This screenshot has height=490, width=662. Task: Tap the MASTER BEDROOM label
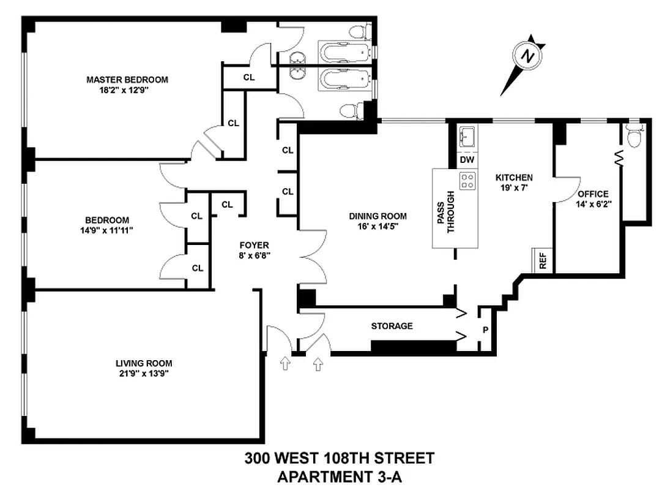point(127,80)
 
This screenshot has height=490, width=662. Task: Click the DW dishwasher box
point(467,160)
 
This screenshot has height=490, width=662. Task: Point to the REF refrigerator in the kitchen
point(543,261)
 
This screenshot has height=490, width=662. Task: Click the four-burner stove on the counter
point(468,180)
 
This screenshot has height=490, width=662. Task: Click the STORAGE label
point(392,326)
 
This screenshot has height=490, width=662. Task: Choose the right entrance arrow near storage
point(318,364)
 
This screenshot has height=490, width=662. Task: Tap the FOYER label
point(253,245)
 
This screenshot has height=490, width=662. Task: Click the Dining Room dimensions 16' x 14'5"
point(377,227)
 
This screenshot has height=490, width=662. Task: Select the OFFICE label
point(592,194)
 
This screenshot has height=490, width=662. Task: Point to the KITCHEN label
point(513,178)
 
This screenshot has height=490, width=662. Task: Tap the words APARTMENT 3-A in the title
point(340,477)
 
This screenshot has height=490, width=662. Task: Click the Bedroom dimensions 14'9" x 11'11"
point(107,230)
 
